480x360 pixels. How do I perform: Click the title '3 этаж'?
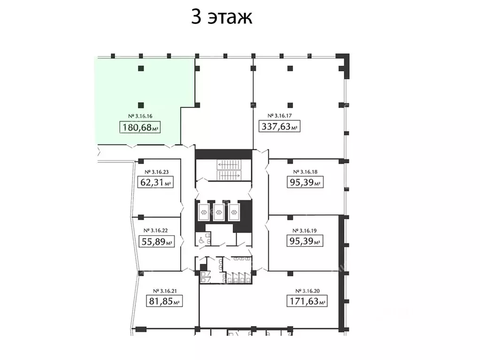(222, 17)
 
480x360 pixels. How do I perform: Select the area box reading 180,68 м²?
(140, 127)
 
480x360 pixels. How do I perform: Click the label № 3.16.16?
(140, 115)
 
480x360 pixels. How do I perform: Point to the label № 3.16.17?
(280, 115)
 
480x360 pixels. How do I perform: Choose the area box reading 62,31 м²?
(155, 183)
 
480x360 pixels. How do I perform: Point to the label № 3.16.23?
(155, 172)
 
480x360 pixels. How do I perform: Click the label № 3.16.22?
(155, 230)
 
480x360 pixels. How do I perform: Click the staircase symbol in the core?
(228, 170)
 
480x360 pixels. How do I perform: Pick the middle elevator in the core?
(218, 212)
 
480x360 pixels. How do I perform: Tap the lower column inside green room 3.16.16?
(140, 105)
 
